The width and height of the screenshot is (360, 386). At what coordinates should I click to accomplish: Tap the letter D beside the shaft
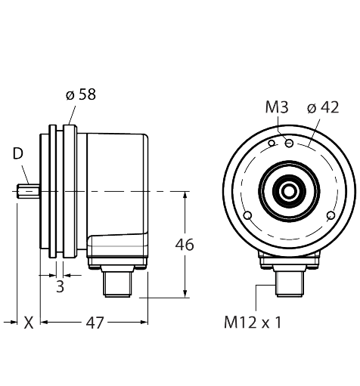tap(17, 155)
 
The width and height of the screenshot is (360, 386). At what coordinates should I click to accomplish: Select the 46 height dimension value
tap(184, 245)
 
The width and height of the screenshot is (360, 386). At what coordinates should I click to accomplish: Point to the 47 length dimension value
tap(93, 323)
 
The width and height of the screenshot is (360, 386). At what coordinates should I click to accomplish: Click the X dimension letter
tap(28, 323)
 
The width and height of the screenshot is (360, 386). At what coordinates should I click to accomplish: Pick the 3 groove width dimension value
tap(60, 287)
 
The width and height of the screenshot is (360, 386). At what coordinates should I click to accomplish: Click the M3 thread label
tap(278, 107)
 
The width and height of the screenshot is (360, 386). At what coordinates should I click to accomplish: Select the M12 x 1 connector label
tap(252, 323)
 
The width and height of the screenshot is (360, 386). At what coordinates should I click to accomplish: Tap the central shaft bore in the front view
tap(288, 192)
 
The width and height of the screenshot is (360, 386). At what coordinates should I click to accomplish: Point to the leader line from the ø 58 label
tap(71, 113)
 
